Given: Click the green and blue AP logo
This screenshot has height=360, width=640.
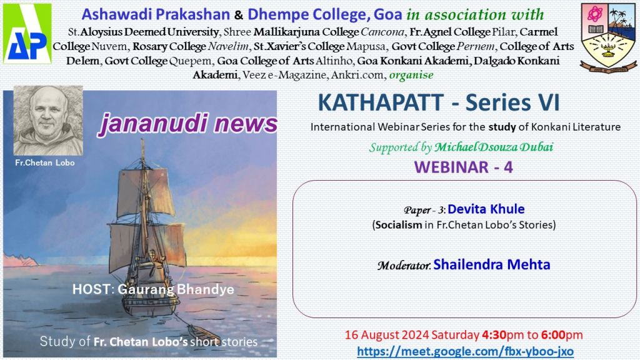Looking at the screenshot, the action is (x=27, y=34).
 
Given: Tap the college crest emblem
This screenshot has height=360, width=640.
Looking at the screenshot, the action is (x=608, y=37).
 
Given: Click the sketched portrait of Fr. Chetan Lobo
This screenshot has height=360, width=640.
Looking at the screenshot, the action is (x=48, y=121).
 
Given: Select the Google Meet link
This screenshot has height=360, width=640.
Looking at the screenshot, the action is (x=465, y=351).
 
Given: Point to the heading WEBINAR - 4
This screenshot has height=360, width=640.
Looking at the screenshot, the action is (x=463, y=167).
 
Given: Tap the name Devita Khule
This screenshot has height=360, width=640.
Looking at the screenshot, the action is (x=486, y=209).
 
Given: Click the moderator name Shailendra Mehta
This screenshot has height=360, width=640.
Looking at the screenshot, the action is (x=491, y=264).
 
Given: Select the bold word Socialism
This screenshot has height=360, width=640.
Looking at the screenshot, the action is (x=399, y=225).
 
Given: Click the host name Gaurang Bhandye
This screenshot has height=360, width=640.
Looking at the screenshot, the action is (x=176, y=289).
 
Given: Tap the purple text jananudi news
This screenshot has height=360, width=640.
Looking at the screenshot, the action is (x=187, y=124).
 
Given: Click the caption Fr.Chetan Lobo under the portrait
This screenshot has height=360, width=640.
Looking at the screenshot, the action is (x=45, y=162).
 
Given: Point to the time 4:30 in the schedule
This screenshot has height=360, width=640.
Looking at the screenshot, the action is (x=494, y=335).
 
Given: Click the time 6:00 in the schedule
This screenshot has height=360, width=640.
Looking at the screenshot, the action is (x=553, y=335).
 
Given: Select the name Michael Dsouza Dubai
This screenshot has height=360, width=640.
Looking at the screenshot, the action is (x=494, y=147).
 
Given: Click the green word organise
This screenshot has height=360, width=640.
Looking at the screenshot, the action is (x=411, y=75).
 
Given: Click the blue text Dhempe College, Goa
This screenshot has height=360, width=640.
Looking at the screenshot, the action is (x=325, y=15).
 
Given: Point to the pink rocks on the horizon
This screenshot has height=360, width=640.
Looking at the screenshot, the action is (x=21, y=259).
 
